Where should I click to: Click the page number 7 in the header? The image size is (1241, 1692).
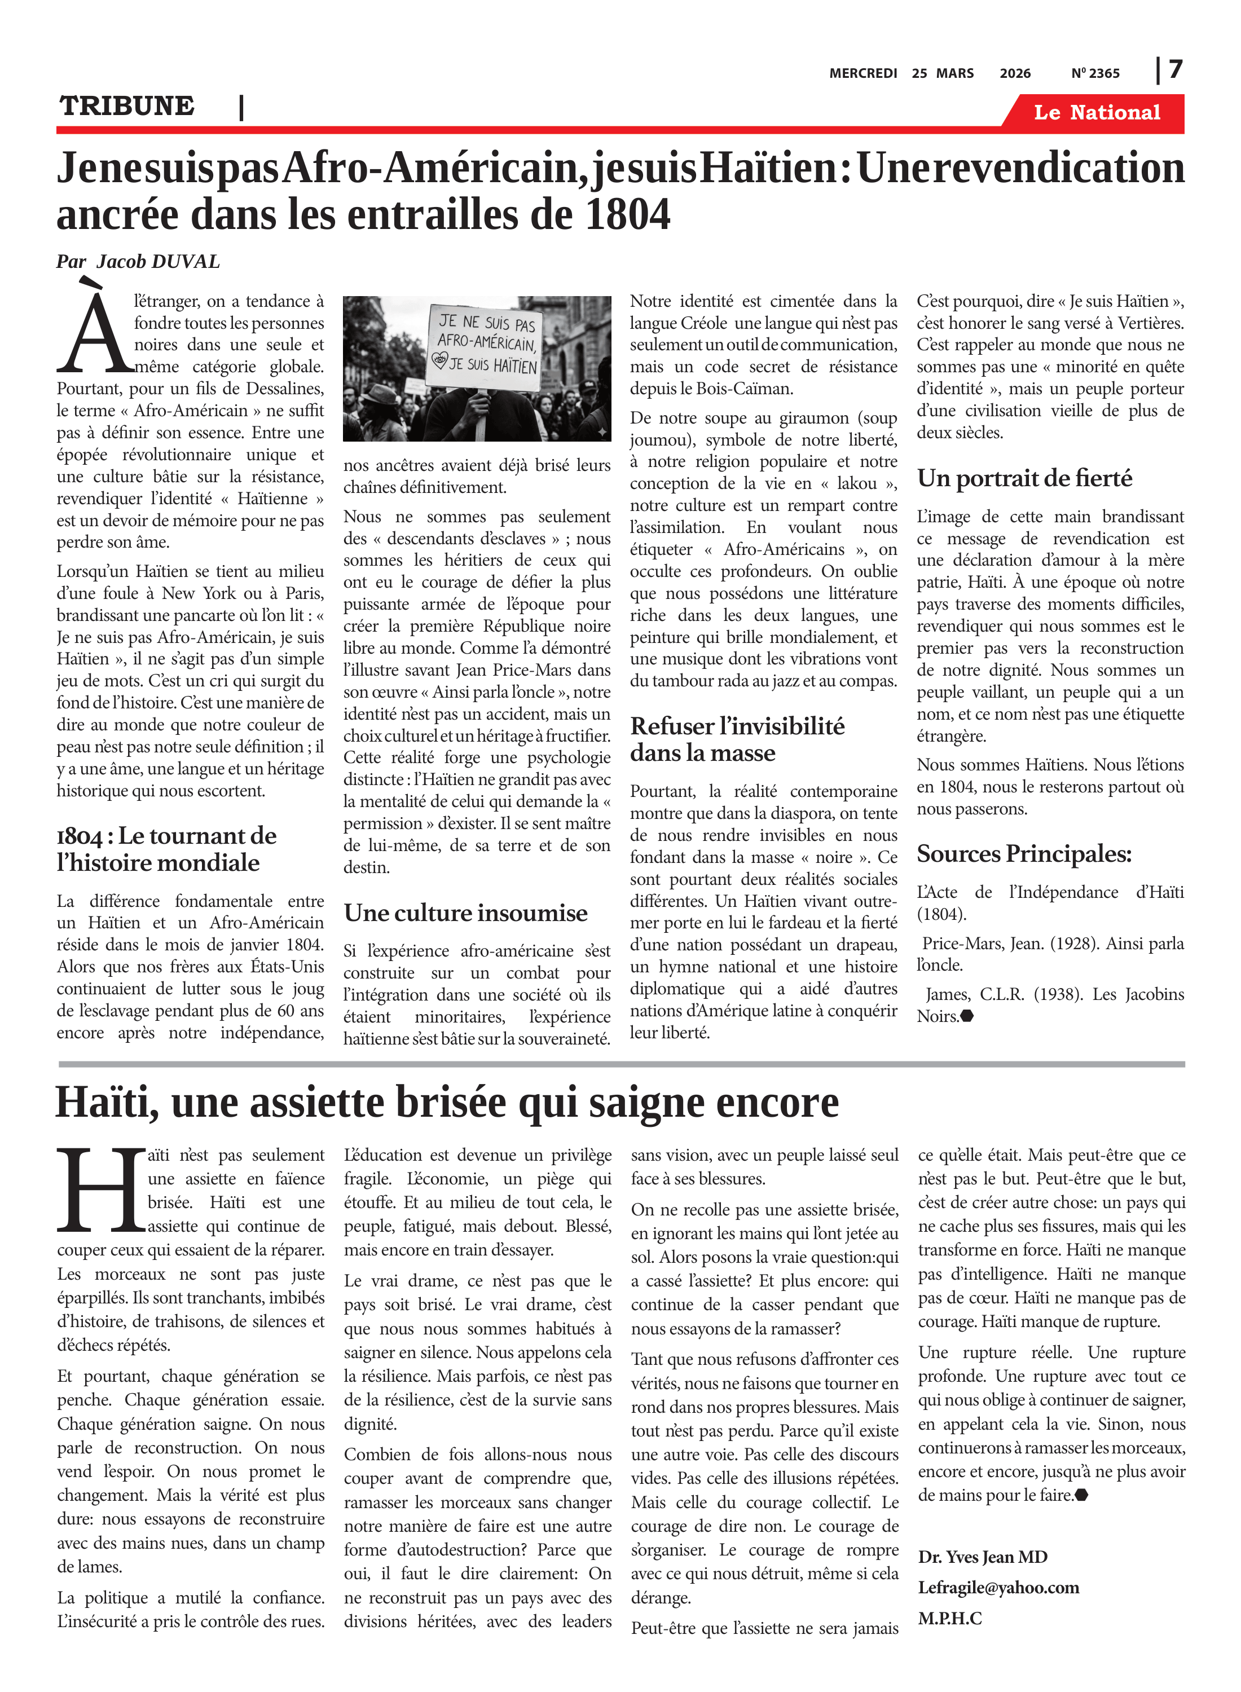coord(1176,69)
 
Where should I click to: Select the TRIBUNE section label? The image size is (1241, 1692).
coord(127,106)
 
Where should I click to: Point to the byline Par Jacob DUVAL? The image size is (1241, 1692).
coord(138,261)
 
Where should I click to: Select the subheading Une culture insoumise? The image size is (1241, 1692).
coord(466,913)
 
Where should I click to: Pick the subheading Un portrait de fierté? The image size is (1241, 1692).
coord(1024,478)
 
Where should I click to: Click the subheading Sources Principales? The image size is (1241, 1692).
coord(1024,853)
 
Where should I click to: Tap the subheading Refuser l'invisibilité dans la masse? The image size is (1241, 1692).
coord(736,739)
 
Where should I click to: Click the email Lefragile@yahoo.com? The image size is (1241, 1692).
coord(998,1587)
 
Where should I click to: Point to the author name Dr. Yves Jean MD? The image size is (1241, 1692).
coord(982,1556)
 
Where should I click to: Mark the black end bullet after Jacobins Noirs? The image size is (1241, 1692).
coord(967,1016)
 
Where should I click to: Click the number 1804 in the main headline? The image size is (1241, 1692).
coord(627,215)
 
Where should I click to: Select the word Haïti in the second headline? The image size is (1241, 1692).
coord(107,1103)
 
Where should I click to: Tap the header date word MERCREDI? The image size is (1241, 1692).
coord(862,73)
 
